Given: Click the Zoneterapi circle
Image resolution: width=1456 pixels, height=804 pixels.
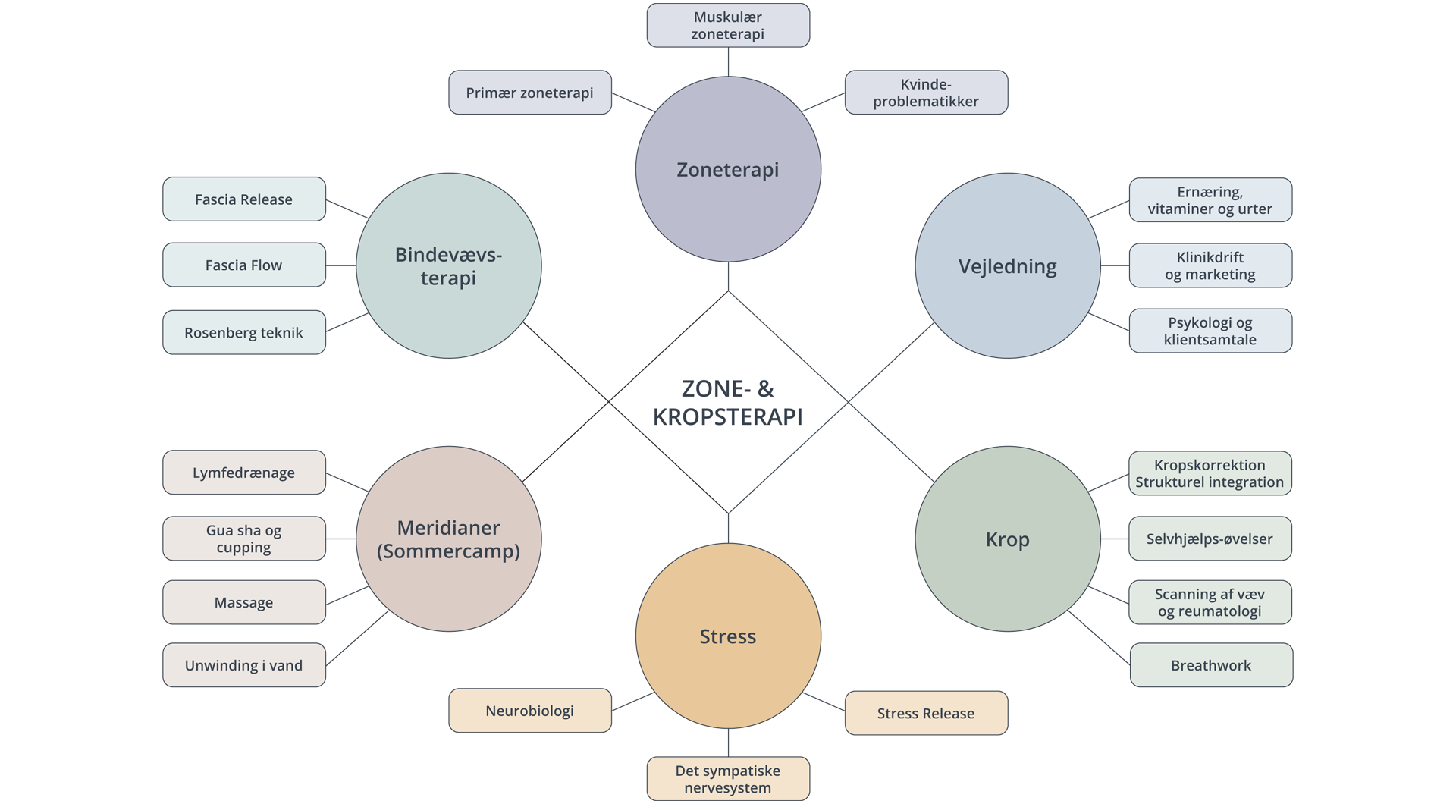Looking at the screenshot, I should (728, 169).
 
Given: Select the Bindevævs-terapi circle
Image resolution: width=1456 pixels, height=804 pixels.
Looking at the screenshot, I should (448, 265).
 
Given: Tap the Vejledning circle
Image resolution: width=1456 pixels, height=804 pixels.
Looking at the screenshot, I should (1007, 265).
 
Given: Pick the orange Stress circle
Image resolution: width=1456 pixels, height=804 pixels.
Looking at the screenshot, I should (728, 636).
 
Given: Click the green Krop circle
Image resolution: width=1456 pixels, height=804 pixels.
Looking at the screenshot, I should (1007, 539).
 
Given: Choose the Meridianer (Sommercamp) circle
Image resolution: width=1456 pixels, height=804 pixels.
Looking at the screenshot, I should (448, 539).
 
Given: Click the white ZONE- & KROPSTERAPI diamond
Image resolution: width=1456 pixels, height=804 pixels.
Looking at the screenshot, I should (728, 402).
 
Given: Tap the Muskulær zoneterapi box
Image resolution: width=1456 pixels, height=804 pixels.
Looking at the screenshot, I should (728, 25).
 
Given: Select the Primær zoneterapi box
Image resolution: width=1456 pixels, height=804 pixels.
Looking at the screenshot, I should (529, 93).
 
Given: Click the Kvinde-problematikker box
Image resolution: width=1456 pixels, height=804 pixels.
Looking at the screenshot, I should (926, 93).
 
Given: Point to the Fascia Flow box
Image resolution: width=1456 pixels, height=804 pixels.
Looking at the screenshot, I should (243, 265).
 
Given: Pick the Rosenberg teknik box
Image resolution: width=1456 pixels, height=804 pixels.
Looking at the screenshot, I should (243, 332).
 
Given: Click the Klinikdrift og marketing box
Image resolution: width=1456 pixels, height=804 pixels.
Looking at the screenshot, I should (1210, 265).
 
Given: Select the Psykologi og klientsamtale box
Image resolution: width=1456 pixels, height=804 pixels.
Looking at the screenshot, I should (1210, 331).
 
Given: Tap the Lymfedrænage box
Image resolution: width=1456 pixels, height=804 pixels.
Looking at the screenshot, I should (243, 473).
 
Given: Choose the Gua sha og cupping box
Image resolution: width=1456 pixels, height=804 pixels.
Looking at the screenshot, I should (243, 539).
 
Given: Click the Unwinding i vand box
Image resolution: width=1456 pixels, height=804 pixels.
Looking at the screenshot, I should (243, 665).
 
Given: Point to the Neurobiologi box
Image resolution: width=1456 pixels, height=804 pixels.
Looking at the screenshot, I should (529, 711).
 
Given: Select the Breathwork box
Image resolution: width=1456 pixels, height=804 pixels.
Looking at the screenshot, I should (1211, 665).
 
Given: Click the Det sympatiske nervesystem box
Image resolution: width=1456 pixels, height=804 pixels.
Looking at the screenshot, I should (728, 779).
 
